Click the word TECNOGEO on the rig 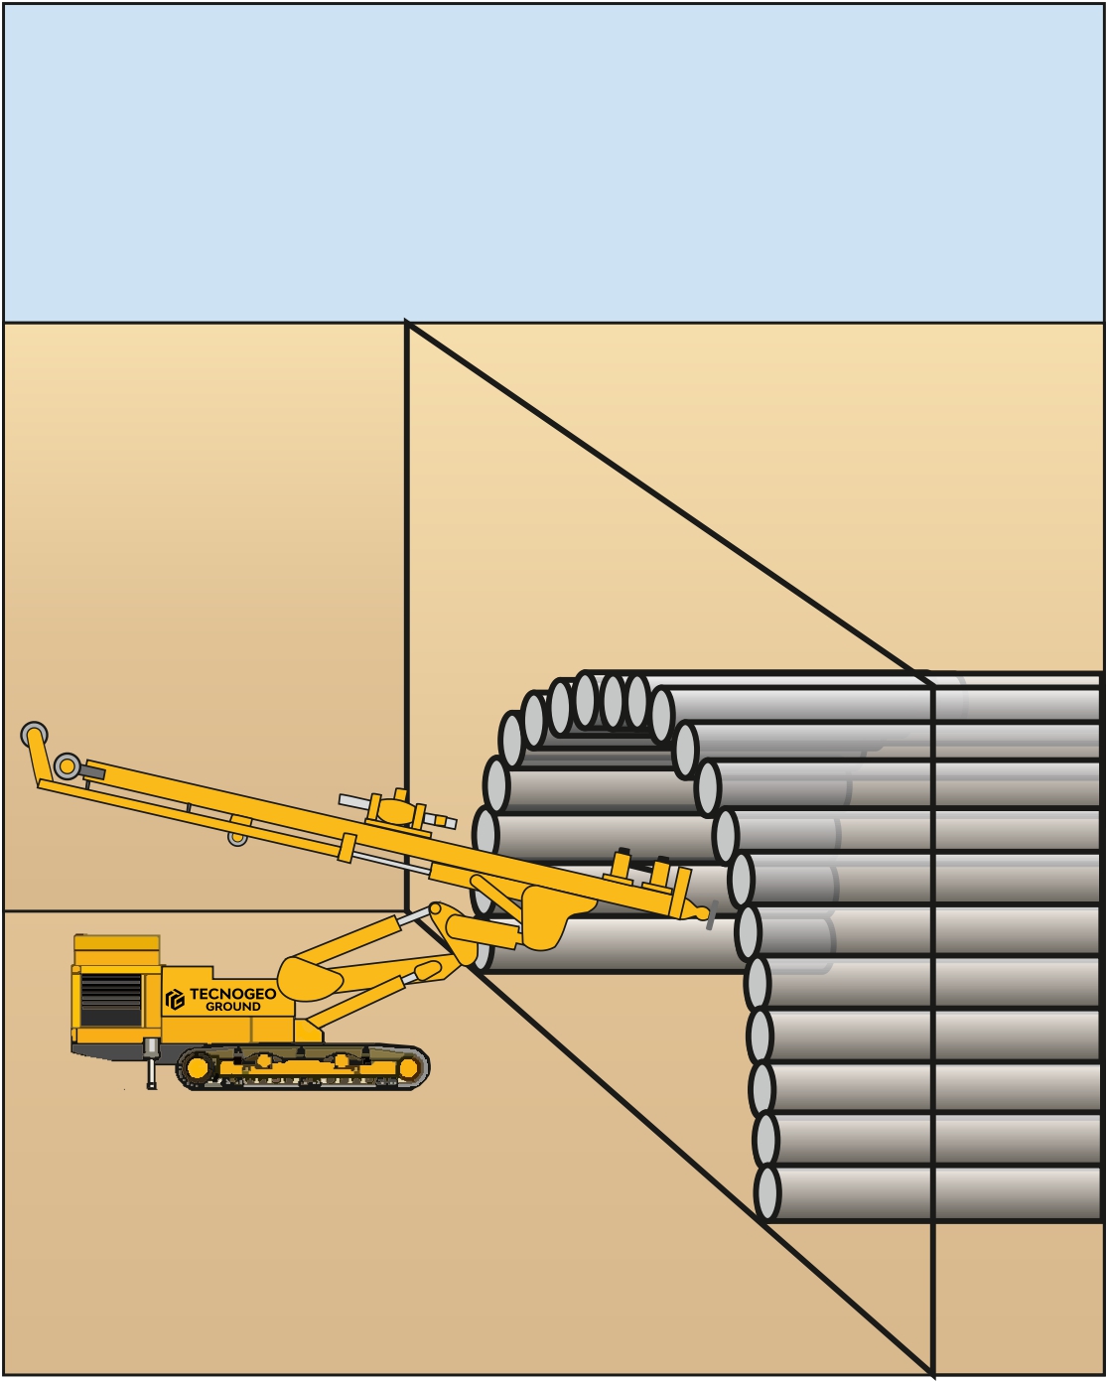point(232,994)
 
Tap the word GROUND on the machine point(233,1007)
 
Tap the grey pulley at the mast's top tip point(33,734)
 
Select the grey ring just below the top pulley point(67,765)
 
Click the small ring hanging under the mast point(237,837)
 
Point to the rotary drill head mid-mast point(397,809)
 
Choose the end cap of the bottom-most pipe point(766,1193)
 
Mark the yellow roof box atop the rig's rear point(117,949)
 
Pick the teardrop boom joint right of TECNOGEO point(310,974)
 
